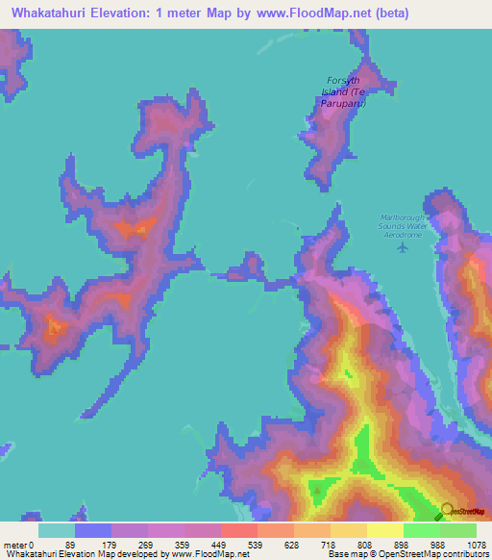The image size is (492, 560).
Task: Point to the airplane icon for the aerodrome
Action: pos(403,247)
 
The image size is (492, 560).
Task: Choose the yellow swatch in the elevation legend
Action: pos(385,530)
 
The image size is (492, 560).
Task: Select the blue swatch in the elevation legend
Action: pos(93,530)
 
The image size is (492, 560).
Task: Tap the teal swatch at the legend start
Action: pos(57,530)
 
